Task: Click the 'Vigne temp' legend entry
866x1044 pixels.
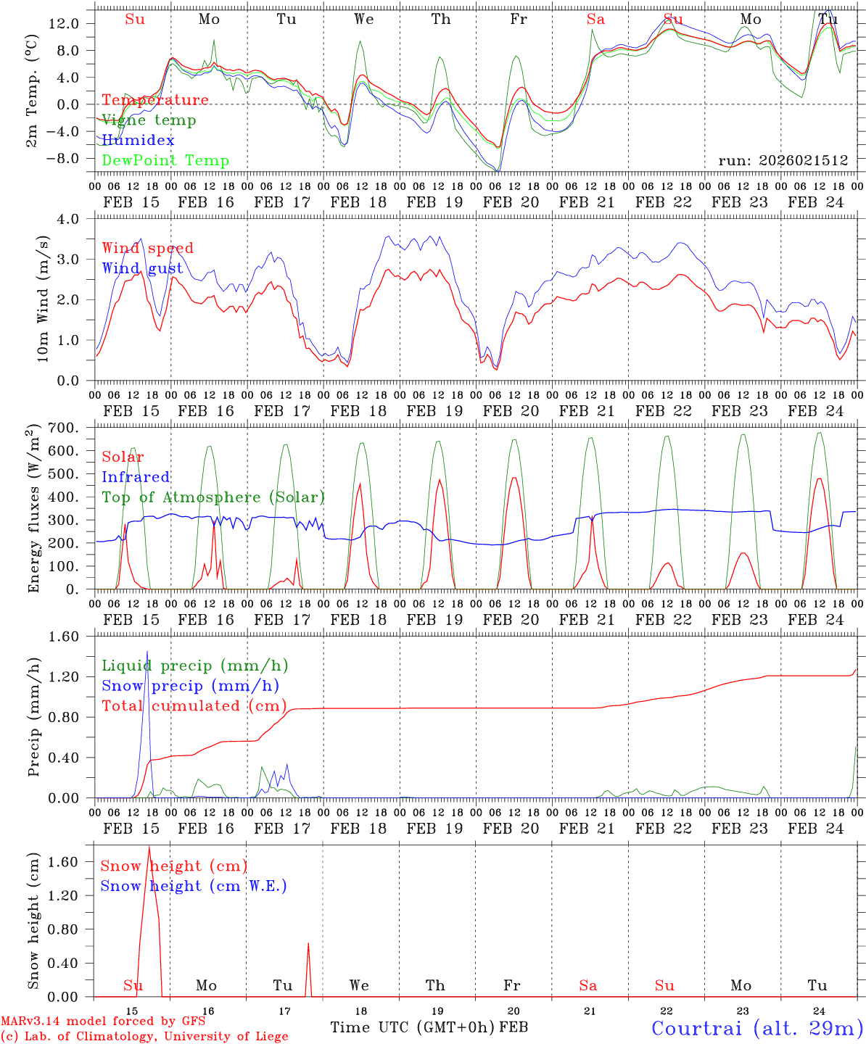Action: point(149,120)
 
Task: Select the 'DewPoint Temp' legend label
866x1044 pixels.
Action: point(165,161)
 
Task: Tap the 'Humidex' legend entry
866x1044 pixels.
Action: point(138,141)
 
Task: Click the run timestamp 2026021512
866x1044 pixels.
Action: point(783,161)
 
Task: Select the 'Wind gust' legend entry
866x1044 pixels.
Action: point(142,268)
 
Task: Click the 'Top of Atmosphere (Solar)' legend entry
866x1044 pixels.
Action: point(213,497)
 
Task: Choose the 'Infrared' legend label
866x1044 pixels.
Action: point(136,477)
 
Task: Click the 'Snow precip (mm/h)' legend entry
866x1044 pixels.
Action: point(190,686)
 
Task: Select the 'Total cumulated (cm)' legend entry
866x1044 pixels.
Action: point(194,706)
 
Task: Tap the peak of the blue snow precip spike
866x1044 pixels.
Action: point(147,652)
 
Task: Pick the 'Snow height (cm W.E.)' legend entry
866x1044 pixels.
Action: point(194,886)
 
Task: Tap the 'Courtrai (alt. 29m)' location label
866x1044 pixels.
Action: point(756,1028)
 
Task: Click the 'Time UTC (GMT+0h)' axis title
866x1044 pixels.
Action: point(413,1027)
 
